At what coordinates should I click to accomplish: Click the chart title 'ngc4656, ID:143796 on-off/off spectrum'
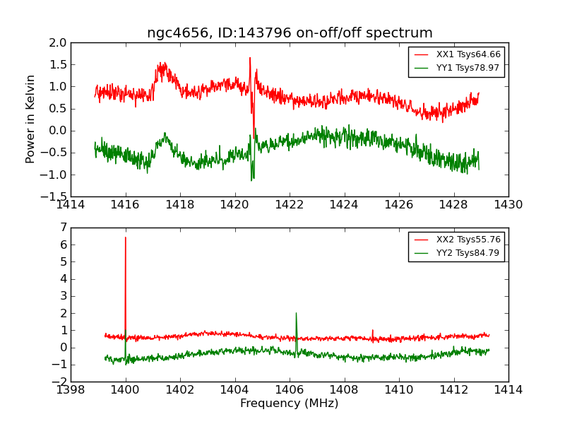click(x=290, y=33)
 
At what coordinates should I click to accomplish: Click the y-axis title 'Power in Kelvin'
click(x=30, y=119)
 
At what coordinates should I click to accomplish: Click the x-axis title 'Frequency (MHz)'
click(x=290, y=404)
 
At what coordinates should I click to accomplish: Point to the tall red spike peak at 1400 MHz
click(x=126, y=237)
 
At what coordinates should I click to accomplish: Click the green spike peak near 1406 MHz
click(x=296, y=313)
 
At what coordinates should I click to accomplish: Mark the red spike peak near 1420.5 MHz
click(x=250, y=58)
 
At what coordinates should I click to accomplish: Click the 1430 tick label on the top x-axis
click(x=508, y=205)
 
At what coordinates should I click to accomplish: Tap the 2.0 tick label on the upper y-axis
click(x=59, y=42)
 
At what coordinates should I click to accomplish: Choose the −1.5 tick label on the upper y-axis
click(x=56, y=196)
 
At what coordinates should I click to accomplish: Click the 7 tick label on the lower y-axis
click(x=64, y=228)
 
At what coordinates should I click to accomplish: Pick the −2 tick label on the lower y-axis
click(x=61, y=382)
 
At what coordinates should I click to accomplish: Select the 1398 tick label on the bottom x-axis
click(x=71, y=390)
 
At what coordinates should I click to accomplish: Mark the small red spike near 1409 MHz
click(x=373, y=330)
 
